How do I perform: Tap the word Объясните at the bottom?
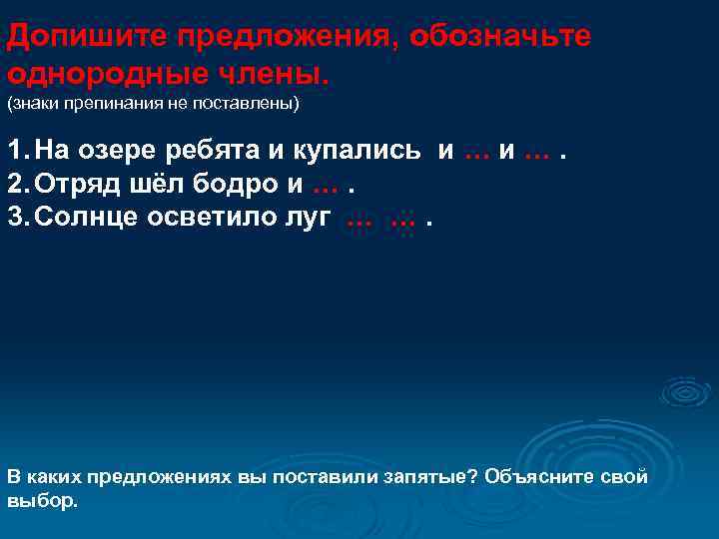click(544, 476)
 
